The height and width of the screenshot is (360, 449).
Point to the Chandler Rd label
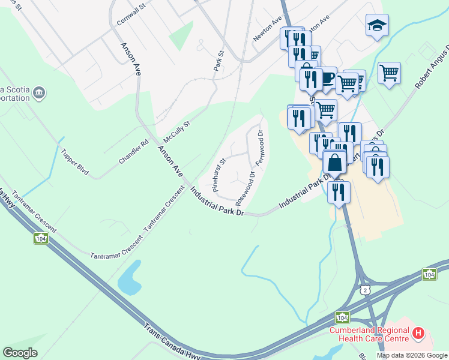point(133,152)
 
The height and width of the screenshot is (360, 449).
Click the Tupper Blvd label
point(75,163)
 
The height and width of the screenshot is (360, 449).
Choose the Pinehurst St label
point(217,175)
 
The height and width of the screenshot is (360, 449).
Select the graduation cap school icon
point(377,25)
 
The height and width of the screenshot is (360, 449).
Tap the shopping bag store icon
point(334,162)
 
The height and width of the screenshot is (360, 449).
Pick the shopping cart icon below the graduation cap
point(390,73)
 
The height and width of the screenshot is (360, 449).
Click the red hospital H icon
point(418,332)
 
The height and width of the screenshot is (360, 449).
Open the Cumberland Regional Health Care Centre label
point(369,334)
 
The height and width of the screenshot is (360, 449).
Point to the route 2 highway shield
point(365,290)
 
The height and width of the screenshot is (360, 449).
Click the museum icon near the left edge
point(39,93)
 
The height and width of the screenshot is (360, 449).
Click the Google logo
point(20,353)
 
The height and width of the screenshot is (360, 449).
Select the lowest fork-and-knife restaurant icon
point(339,191)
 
